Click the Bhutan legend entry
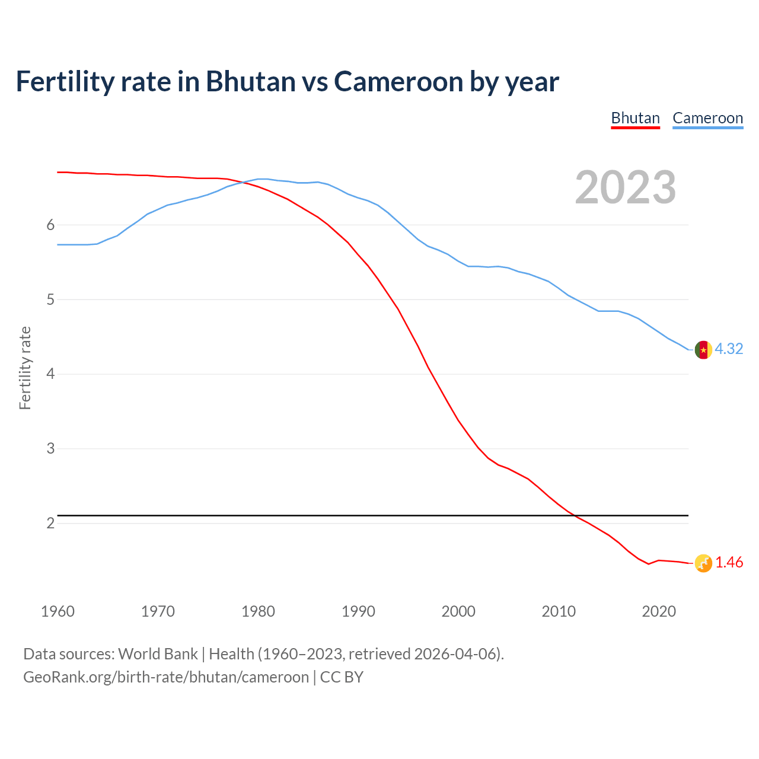tap(635, 118)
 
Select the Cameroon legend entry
tap(707, 118)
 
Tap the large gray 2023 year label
tap(625, 187)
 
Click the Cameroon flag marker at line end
tap(703, 350)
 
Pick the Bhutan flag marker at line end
tap(703, 563)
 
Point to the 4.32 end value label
tap(729, 349)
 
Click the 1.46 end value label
tap(729, 562)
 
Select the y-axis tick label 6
tap(50, 225)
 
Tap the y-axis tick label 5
tap(50, 299)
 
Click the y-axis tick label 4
tap(50, 374)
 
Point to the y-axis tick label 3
tap(50, 448)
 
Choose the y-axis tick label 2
tap(50, 523)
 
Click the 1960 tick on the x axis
tap(58, 611)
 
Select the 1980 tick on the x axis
tap(258, 611)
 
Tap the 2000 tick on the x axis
tap(458, 611)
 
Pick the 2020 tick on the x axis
tap(659, 611)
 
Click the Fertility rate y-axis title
tap(25, 368)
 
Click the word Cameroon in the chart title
tap(398, 81)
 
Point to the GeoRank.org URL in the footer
tap(166, 677)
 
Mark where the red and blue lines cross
tap(244, 182)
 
